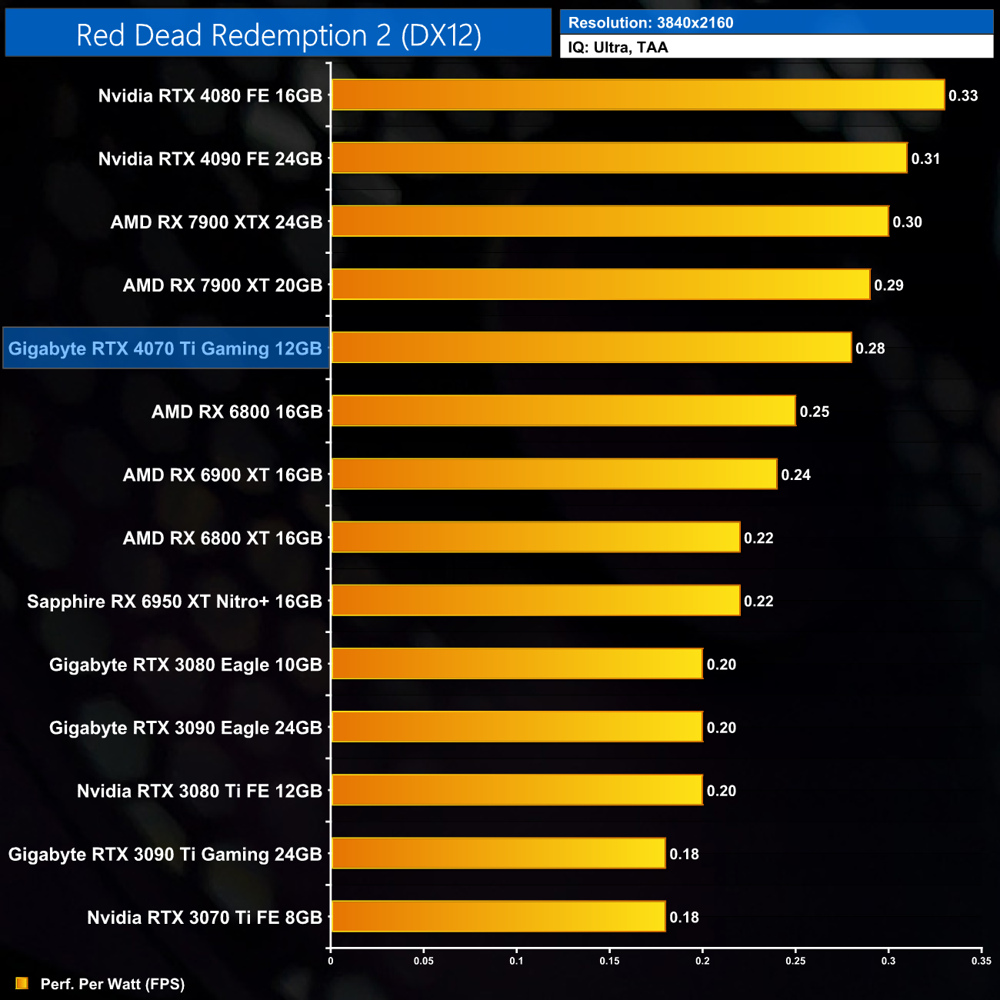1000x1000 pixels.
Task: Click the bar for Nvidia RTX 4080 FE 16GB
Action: [x=638, y=95]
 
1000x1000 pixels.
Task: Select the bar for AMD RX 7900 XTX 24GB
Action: [x=610, y=222]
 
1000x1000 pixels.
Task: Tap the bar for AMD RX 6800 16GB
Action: [x=563, y=411]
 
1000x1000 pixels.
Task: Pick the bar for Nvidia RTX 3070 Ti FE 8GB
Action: [x=498, y=916]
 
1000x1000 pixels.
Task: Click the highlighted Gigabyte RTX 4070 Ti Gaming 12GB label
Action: [x=165, y=348]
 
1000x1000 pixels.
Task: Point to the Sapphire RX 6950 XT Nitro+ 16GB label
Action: [x=175, y=602]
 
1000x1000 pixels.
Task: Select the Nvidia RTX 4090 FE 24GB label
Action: [x=210, y=159]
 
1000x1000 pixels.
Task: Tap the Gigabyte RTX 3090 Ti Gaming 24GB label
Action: [x=165, y=854]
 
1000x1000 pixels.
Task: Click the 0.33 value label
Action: [x=963, y=95]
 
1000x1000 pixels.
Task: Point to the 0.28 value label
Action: [x=870, y=348]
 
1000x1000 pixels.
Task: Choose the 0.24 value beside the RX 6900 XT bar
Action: [x=796, y=475]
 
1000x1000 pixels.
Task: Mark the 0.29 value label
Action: [x=888, y=285]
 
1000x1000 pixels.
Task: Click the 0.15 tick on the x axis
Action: [x=609, y=961]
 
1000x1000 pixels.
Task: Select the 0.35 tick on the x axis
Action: [x=982, y=961]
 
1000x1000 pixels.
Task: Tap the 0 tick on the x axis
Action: [x=331, y=961]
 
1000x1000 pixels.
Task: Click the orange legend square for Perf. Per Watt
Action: [x=22, y=983]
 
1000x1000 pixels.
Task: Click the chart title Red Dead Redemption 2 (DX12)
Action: [x=278, y=35]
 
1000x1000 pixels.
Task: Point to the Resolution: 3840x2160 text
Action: [x=651, y=23]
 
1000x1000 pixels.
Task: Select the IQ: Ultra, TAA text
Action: [x=618, y=48]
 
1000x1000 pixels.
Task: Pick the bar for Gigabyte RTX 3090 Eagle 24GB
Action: [x=517, y=727]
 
